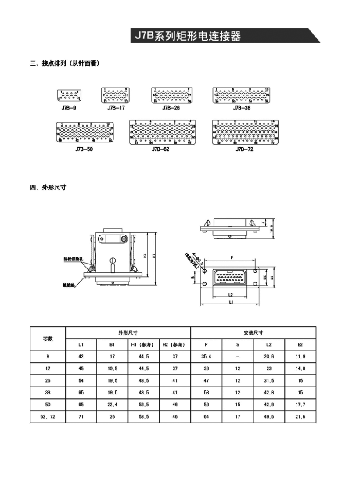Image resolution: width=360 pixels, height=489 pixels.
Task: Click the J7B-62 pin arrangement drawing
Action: click(x=160, y=133)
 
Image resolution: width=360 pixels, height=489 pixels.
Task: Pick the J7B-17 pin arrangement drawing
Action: click(x=116, y=96)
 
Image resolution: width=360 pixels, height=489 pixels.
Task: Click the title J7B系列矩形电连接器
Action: click(x=187, y=37)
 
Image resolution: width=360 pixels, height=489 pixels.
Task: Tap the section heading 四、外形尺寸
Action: click(x=48, y=187)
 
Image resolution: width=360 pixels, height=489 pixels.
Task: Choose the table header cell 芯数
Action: click(x=47, y=338)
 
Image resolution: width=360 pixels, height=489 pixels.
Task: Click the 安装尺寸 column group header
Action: click(x=253, y=333)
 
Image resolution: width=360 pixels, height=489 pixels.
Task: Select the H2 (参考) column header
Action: click(x=175, y=344)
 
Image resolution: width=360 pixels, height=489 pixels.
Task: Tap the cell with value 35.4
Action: click(x=206, y=357)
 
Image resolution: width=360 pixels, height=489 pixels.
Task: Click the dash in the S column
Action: click(x=237, y=357)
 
